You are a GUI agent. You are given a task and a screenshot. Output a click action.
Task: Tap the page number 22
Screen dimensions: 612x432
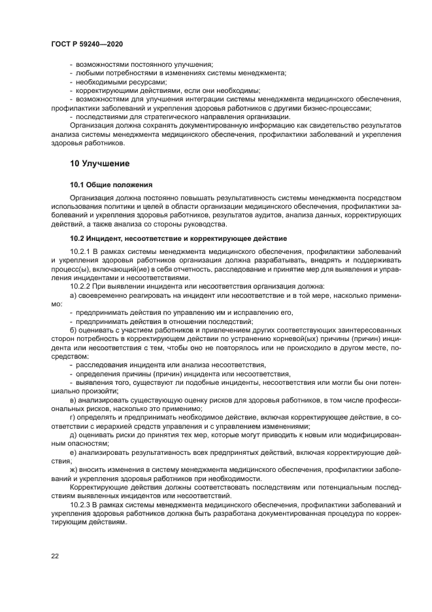(x=56, y=556)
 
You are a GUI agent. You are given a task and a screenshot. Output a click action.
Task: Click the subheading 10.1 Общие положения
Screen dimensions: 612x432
(x=111, y=185)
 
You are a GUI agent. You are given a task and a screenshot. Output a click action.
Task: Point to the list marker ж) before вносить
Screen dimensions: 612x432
(x=73, y=471)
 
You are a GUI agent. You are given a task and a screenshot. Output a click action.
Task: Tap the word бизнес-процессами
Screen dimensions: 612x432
(x=349, y=108)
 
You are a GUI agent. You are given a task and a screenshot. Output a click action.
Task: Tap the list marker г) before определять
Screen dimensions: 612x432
(x=72, y=418)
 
